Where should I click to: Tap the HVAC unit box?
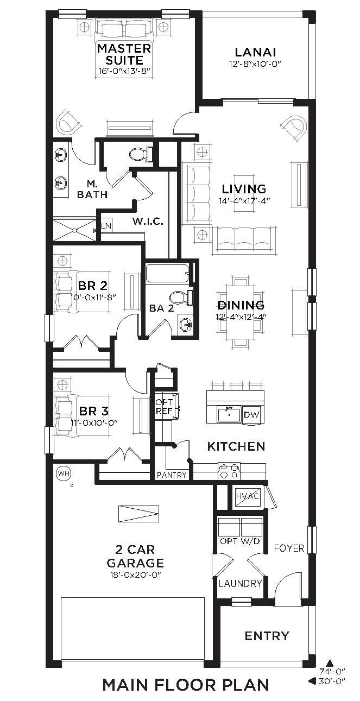point(248,496)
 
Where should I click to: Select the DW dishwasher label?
point(251,414)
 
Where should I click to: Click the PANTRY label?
point(172,475)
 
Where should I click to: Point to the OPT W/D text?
point(240,541)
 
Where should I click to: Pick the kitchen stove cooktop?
point(229,471)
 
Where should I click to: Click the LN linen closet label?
point(106,226)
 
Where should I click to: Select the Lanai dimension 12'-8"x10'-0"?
point(255,64)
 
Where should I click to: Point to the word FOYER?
point(289,548)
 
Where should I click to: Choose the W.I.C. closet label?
point(148,221)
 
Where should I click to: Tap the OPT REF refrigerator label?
point(164,406)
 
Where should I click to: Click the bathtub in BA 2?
point(168,274)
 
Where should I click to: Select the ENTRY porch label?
point(267,636)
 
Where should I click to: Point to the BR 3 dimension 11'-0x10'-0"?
point(94,422)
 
